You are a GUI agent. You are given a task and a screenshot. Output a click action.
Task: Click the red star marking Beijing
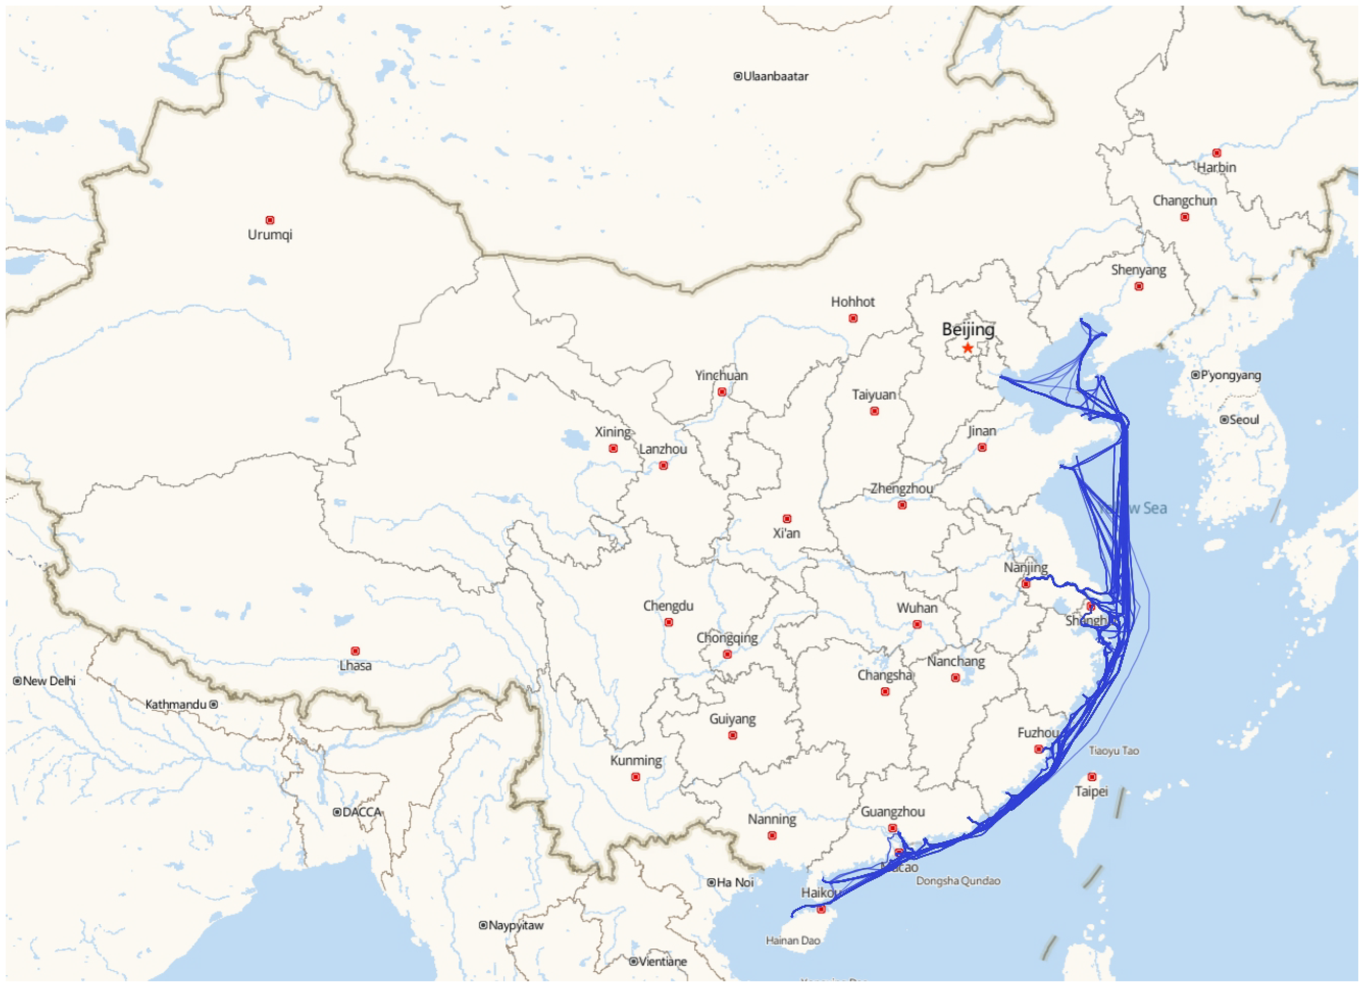click(x=967, y=348)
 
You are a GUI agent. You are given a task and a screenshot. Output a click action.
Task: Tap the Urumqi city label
click(x=270, y=235)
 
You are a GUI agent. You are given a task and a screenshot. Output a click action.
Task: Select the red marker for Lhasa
click(x=355, y=651)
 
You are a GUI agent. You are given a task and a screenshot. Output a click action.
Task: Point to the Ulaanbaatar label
click(x=775, y=76)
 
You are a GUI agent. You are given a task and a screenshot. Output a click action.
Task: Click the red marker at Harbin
click(x=1216, y=153)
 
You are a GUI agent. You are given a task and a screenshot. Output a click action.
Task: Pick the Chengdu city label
click(x=668, y=606)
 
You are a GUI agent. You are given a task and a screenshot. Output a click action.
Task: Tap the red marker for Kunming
click(x=636, y=777)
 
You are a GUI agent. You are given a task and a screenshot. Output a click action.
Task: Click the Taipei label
click(x=1091, y=791)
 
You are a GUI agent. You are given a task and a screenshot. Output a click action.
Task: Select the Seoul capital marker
click(x=1224, y=419)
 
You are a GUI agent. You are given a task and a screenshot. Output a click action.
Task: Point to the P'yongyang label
click(x=1230, y=375)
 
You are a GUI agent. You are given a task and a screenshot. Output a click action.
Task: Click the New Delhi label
click(x=49, y=681)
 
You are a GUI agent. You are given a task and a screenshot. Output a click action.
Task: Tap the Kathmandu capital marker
click(x=213, y=704)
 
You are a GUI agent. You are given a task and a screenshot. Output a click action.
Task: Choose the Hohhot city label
click(x=852, y=301)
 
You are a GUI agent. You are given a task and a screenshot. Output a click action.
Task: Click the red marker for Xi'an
click(x=787, y=518)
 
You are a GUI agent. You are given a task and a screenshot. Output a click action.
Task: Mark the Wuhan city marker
click(x=917, y=624)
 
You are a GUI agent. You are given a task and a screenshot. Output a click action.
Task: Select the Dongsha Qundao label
click(x=958, y=881)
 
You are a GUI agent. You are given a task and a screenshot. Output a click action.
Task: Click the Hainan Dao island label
click(x=793, y=940)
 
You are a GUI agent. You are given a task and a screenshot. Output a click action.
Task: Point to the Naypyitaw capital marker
click(x=483, y=925)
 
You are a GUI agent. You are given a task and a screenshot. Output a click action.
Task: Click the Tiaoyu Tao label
click(x=1113, y=751)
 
